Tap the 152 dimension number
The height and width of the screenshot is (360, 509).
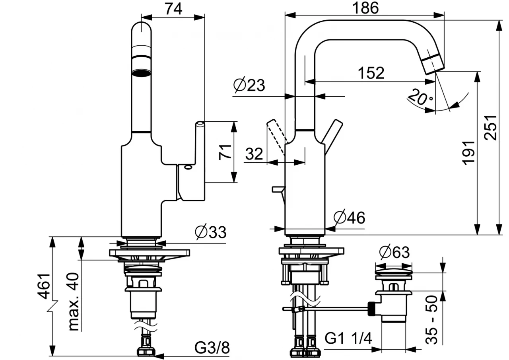371,73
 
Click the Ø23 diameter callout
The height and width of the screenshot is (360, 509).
249,85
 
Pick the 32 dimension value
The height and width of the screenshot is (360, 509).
254,154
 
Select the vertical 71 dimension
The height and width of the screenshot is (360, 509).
225,152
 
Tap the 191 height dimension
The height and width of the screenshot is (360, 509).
469,152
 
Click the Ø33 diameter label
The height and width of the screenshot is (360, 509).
210,232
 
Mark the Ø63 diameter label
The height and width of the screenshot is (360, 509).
394,252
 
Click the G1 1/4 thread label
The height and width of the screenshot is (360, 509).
348,339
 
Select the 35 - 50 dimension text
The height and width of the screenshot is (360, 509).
432,319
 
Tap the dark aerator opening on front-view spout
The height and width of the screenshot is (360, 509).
142,72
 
